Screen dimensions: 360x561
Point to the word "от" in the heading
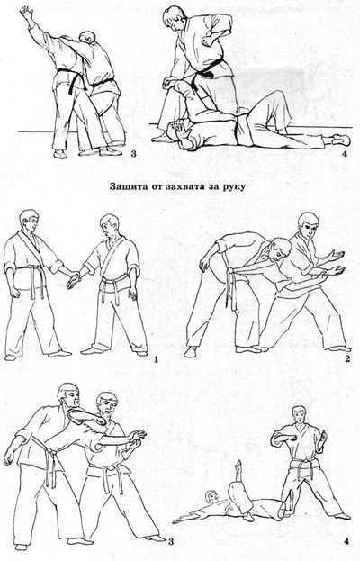coord(153,186)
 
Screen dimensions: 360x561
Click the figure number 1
coord(156,358)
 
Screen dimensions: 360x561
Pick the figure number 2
coord(347,358)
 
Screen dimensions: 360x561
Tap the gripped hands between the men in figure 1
coord(75,280)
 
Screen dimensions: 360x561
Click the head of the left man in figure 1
coord(30,220)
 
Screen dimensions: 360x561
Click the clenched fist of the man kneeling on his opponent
coord(208,40)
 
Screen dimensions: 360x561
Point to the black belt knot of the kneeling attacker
coord(206,73)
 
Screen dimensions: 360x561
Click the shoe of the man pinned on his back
coord(341,140)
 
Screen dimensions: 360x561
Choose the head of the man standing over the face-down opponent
coord(299,415)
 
